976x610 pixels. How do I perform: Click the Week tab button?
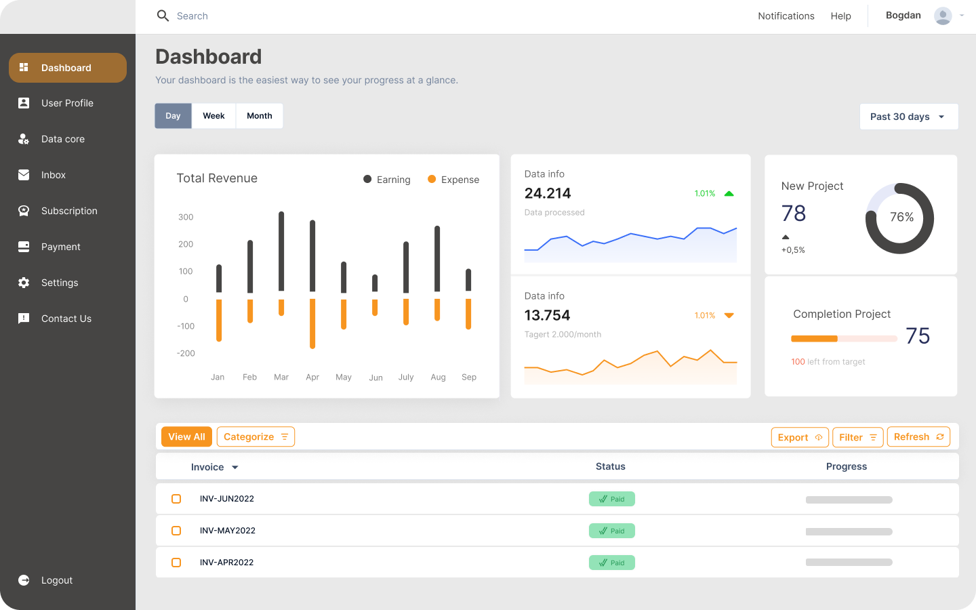[x=213, y=116]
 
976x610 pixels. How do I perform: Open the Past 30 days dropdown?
[x=908, y=117]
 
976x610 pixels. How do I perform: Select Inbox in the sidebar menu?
[x=54, y=175]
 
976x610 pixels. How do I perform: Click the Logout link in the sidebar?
[x=56, y=580]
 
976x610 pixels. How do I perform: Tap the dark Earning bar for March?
[x=281, y=251]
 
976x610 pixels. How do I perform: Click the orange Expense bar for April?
[x=312, y=323]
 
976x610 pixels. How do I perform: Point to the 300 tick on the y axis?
[x=186, y=217]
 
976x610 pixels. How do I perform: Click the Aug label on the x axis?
[x=438, y=377]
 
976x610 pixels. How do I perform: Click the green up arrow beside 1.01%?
[x=729, y=194]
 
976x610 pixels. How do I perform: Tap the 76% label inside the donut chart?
[x=901, y=217]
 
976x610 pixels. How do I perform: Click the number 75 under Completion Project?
[x=918, y=336]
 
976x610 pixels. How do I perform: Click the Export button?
[x=800, y=437]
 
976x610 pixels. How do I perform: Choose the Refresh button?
[x=918, y=437]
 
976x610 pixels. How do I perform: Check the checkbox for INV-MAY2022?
[x=176, y=531]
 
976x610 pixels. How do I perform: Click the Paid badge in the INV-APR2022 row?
[x=611, y=563]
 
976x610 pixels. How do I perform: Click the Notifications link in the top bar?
[x=786, y=16]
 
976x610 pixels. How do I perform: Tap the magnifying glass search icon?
[x=163, y=16]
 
